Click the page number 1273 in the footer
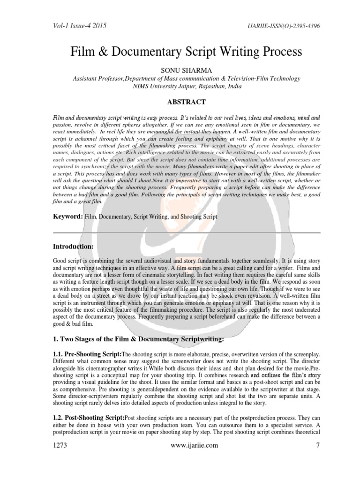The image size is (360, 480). click(x=60, y=446)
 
